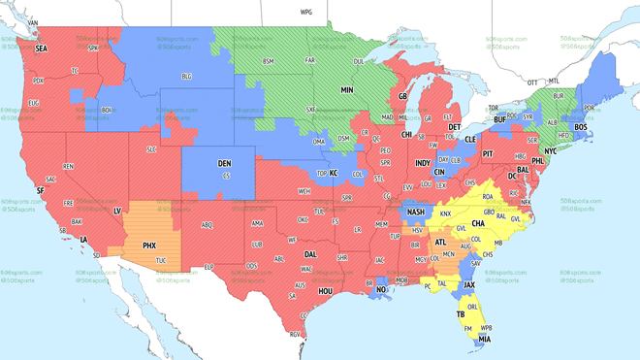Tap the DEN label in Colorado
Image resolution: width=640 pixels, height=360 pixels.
[x=224, y=164]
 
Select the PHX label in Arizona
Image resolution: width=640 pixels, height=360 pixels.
[x=149, y=245]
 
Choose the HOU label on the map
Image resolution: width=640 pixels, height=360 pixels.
[x=326, y=290]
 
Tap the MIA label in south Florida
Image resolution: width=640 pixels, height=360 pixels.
[x=483, y=339]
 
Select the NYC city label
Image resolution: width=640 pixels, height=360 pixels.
[x=550, y=152]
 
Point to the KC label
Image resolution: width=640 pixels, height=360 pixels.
[x=333, y=173]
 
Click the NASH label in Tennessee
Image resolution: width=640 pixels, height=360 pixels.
[x=415, y=212]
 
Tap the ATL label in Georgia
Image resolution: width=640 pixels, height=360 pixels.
[x=441, y=243]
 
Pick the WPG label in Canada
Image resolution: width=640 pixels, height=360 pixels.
[x=306, y=12]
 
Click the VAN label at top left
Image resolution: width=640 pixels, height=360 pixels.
[x=32, y=22]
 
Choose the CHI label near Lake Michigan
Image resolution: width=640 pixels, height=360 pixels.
[x=406, y=135]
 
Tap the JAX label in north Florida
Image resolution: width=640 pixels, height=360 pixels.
[x=469, y=284]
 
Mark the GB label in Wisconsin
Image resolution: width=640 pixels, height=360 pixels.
[x=402, y=97]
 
